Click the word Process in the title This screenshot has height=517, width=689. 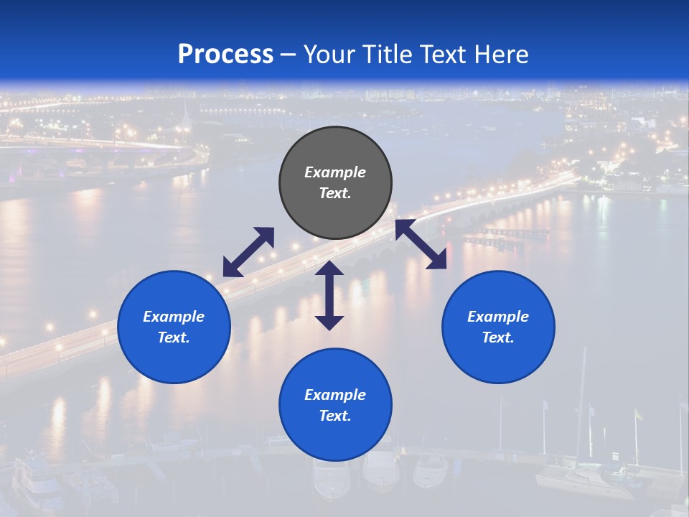click(225, 55)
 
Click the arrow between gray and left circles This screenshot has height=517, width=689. click(248, 252)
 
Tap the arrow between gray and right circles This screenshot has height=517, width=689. click(421, 245)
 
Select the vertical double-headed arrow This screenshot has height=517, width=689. click(329, 295)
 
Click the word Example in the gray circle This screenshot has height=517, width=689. click(335, 172)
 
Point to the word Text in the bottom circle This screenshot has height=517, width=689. click(335, 416)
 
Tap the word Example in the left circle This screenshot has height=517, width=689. click(174, 317)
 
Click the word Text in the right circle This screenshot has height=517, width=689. click(498, 337)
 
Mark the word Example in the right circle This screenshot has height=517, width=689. click(498, 317)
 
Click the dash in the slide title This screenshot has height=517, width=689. click(289, 55)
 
